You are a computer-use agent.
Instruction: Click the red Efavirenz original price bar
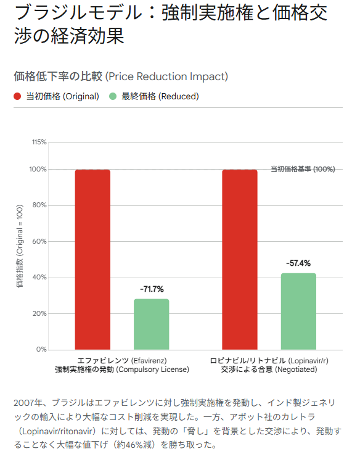pyautogui.click(x=92, y=260)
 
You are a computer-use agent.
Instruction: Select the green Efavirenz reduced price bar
pyautogui.click(x=152, y=324)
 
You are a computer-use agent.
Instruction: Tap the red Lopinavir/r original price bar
pyautogui.click(x=240, y=260)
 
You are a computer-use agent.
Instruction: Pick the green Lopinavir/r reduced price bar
pyautogui.click(x=298, y=312)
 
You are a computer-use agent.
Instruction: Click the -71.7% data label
pyautogui.click(x=152, y=289)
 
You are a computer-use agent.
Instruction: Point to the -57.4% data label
pyautogui.click(x=298, y=263)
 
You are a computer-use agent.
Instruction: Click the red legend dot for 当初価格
pyautogui.click(x=17, y=96)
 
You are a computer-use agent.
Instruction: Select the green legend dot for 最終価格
pyautogui.click(x=113, y=96)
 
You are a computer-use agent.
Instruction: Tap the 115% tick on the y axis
pyautogui.click(x=39, y=142)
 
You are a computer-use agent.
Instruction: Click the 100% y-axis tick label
pyautogui.click(x=38, y=170)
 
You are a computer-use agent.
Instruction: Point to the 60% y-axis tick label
pyautogui.click(x=39, y=241)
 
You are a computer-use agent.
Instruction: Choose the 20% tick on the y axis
pyautogui.click(x=39, y=313)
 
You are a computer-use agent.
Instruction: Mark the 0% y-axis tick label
pyautogui.click(x=41, y=350)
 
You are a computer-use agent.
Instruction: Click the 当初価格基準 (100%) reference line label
pyautogui.click(x=303, y=169)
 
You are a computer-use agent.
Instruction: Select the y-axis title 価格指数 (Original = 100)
pyautogui.click(x=19, y=246)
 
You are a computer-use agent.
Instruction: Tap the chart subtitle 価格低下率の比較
pyautogui.click(x=58, y=76)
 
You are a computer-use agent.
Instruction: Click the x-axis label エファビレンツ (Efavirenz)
pyautogui.click(x=122, y=361)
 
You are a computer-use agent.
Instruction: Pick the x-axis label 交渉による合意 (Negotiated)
pyautogui.click(x=269, y=369)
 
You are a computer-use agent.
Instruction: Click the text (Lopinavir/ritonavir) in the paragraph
pyautogui.click(x=57, y=431)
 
